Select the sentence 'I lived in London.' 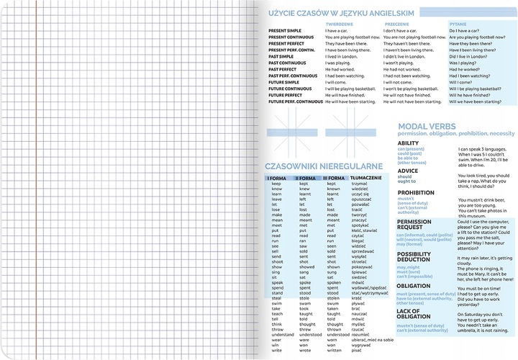click(342, 56)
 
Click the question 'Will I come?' click(461, 82)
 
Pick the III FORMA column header click(334, 178)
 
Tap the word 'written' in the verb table click(335, 351)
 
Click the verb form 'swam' click(305, 304)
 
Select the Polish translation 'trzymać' click(360, 184)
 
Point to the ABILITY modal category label click(408, 144)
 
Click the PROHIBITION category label click(416, 193)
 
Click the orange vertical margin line click(33, 180)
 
